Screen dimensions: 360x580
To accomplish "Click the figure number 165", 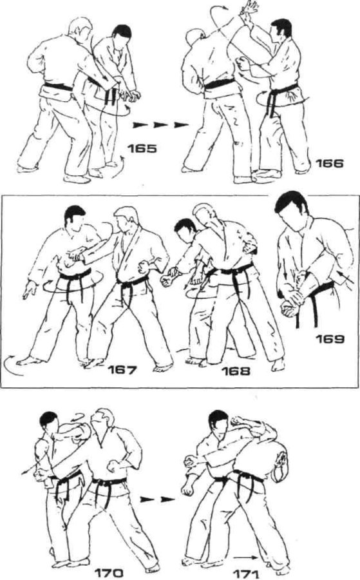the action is pos(142,148).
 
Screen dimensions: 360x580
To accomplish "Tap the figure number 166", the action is pos(329,163).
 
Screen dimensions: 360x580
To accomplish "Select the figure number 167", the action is pos(122,370).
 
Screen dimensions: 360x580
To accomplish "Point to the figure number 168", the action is pos(236,371).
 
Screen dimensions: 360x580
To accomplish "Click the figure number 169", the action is pos(330,339).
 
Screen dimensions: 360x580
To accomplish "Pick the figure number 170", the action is pos(109,574).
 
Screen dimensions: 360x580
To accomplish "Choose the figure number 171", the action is pos(246,574).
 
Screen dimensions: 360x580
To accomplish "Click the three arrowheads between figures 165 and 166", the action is pos(160,125).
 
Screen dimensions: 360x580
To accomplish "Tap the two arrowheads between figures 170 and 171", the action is pos(157,499).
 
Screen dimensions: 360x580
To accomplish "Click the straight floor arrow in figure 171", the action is pos(245,557).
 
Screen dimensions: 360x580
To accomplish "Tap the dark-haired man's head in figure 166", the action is pos(280,31).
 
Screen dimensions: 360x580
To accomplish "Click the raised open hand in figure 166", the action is pos(251,9).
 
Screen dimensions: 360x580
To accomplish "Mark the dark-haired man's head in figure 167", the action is pos(75,217).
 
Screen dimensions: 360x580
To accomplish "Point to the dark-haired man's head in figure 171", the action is pos(220,421).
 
